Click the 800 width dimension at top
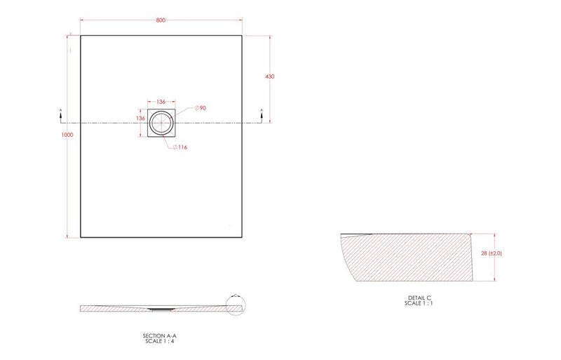161,21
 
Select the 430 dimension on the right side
269,76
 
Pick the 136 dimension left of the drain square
140,119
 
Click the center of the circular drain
161,122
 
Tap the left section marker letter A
60,110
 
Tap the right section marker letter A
262,110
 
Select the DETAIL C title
418,298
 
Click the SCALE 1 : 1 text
418,304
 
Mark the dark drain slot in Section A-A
161,307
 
